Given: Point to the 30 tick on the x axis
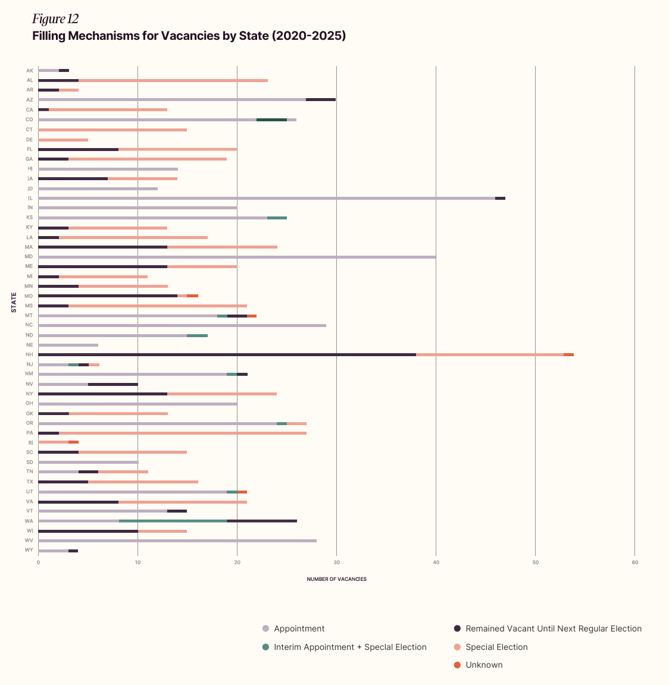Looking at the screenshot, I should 336,563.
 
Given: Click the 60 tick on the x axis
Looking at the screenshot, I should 635,563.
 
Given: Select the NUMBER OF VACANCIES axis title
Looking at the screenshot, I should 336,579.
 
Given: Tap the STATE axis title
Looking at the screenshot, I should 14,302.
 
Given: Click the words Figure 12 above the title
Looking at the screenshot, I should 55,19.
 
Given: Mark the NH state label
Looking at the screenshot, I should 29,354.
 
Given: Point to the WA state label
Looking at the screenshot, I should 29,521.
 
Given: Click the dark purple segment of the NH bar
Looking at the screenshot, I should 227,354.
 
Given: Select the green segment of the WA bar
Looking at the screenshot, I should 173,521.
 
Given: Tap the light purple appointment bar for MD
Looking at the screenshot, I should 237,257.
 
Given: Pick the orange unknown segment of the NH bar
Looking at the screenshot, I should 568,354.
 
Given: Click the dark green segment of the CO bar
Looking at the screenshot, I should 271,120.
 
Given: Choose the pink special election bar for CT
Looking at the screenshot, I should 112,130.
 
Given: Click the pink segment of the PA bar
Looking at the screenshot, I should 183,433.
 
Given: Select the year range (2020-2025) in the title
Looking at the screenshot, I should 308,36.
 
